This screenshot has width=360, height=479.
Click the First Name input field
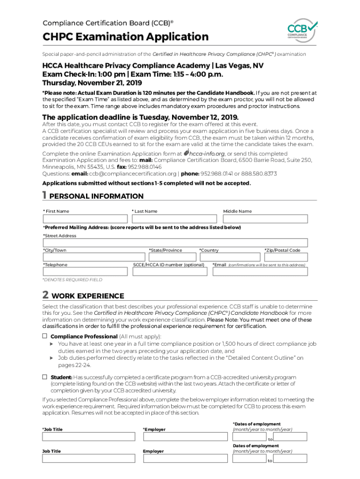tap(86, 219)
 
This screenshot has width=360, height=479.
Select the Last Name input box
tap(175, 219)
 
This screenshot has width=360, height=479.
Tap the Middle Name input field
tap(265, 219)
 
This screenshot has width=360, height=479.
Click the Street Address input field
tap(175, 243)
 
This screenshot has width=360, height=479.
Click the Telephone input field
tap(86, 272)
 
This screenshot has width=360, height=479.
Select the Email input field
tap(260, 272)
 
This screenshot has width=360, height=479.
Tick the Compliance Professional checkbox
tap(45, 336)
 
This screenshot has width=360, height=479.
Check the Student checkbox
tap(45, 377)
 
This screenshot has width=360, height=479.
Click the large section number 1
tap(44, 195)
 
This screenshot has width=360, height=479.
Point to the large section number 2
tap(45, 295)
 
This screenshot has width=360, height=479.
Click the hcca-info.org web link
tap(207, 153)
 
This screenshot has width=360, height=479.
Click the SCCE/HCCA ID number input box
tap(170, 272)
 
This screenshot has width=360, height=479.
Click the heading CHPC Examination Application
tap(125, 36)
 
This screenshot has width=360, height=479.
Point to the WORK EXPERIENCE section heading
tap(88, 296)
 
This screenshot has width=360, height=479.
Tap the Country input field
tap(229, 257)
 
